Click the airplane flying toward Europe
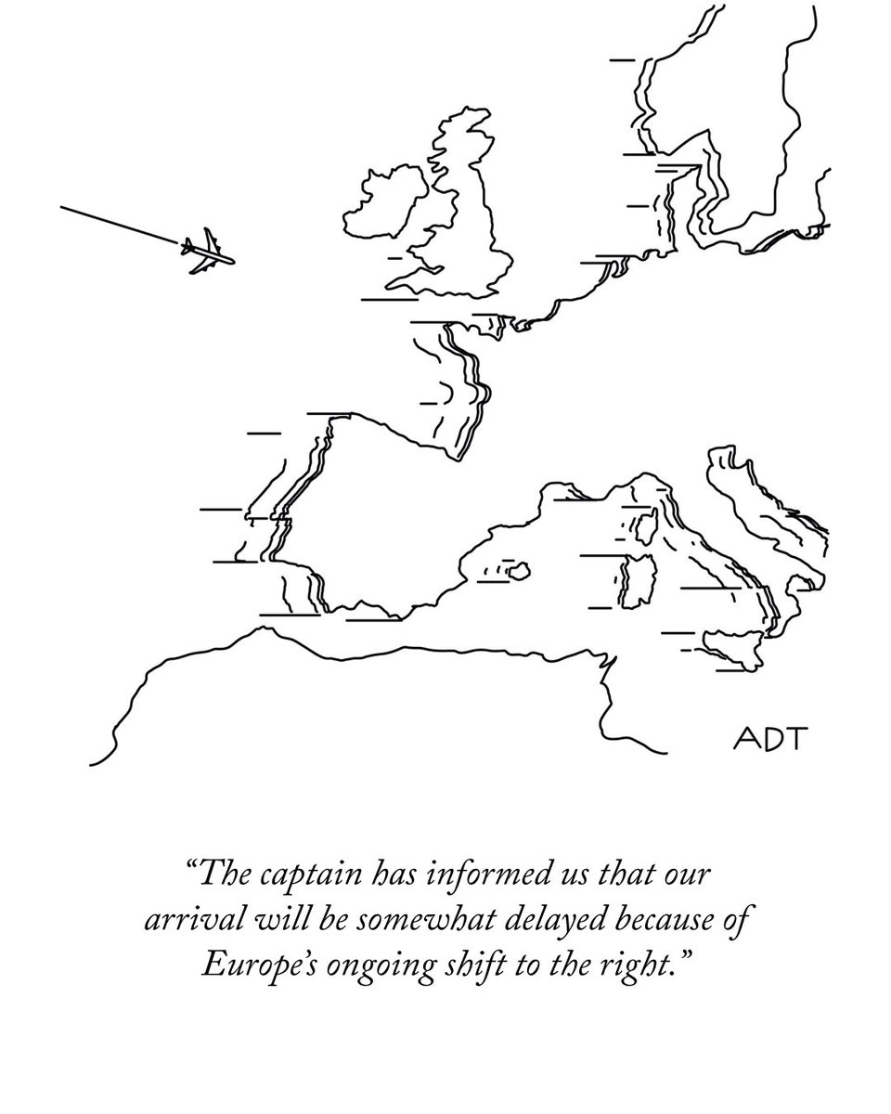[207, 253]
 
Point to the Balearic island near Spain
[521, 568]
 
